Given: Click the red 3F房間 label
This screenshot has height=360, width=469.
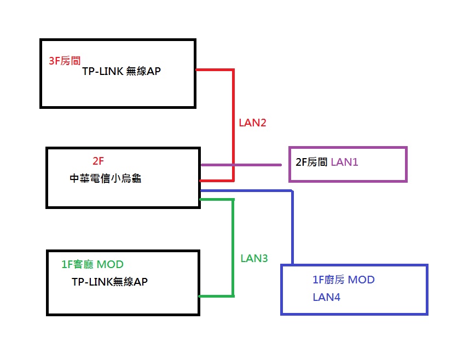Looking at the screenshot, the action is pos(65,61).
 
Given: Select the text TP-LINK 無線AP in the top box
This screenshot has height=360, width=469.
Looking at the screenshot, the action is pos(121,71).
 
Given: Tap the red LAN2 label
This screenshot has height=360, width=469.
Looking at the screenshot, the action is pos(252,123).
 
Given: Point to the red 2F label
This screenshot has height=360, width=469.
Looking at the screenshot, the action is pos(98,161).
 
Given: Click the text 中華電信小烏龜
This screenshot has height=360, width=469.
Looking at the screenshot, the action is pos(105,178).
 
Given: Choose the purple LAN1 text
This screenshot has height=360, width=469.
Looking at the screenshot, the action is pos(344,162).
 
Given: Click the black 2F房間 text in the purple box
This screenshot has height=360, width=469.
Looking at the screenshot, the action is pos(311,162).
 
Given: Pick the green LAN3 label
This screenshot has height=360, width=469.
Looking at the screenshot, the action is pos(254,258).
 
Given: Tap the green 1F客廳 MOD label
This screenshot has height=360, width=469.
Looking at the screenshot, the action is pos(92,264).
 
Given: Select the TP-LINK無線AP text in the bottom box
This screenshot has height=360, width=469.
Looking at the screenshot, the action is pos(109,282).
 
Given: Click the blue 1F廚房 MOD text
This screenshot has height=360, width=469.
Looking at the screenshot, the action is pos(344,280).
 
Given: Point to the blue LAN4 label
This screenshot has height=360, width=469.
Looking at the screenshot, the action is pos(326,297).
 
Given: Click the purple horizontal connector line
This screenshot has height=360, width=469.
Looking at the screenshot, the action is pos(241,165).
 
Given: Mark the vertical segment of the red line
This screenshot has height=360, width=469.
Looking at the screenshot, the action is pos(233,125).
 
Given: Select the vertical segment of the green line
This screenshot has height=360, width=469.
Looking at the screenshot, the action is pos(233,248).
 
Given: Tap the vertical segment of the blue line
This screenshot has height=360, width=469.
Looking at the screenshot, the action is pos(292,227).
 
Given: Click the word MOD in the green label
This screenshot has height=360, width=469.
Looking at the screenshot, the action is pos(110,264).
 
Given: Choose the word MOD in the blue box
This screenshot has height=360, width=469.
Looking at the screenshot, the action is pos(361,280).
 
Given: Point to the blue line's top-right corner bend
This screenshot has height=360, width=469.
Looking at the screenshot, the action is pos(292,191).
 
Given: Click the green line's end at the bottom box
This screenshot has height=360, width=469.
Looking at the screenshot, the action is pos(200,297).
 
